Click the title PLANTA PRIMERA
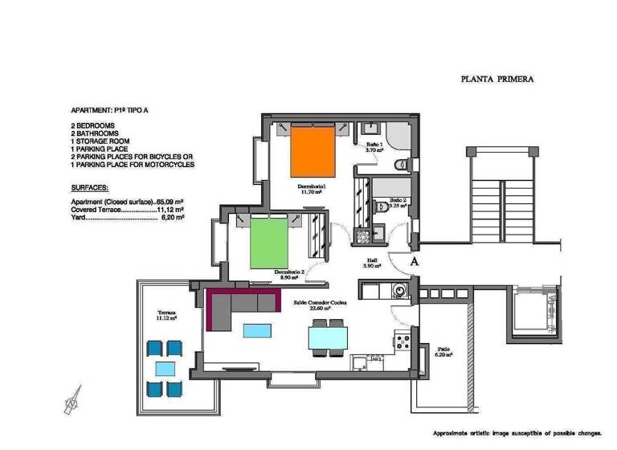point(497,79)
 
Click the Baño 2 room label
point(398,202)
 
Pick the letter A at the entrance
point(415,261)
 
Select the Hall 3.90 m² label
point(373,263)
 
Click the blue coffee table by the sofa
point(257,329)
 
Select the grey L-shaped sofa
point(241,305)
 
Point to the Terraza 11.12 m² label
point(166,314)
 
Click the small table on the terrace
point(166,369)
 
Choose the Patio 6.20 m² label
point(443,352)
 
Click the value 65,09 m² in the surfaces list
point(170,201)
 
